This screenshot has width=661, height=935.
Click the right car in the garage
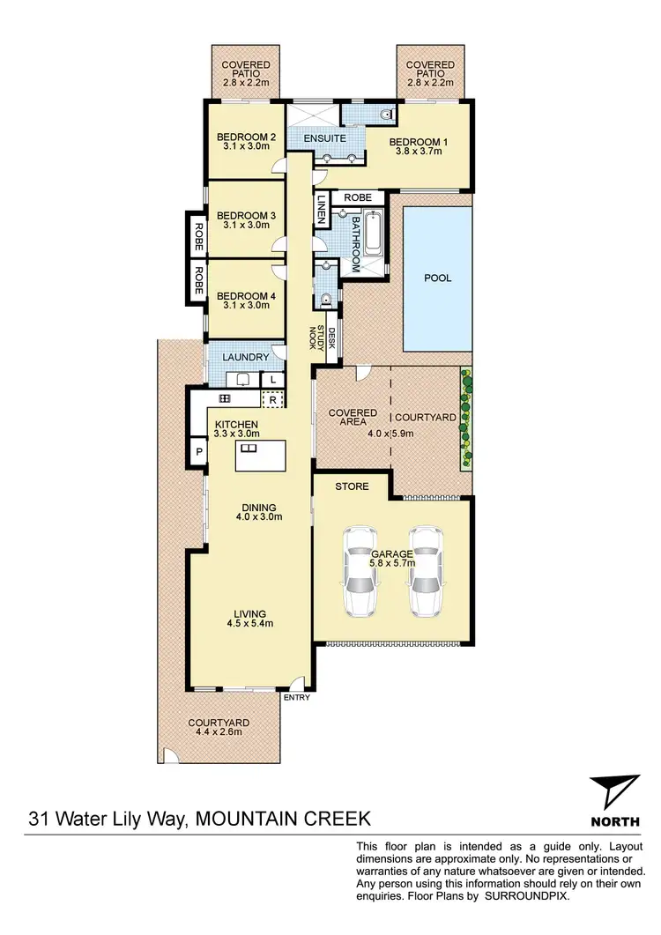pos(425,572)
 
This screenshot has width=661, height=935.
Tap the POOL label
pos(437,278)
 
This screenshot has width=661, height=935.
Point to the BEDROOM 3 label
pos(247,215)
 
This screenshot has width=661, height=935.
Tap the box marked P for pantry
pos(199,451)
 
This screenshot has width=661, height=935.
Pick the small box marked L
pos(274,379)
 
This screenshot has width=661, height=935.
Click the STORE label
pos(351,486)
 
